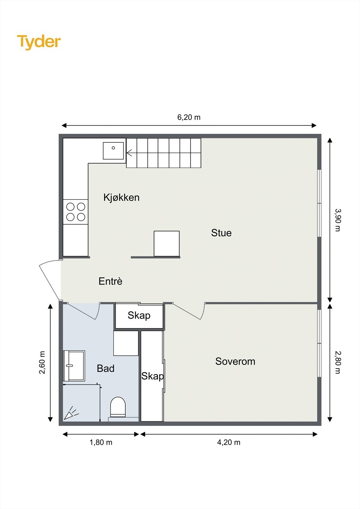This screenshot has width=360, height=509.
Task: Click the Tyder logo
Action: pyautogui.click(x=39, y=42)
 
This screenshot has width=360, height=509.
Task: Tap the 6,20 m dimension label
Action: pyautogui.click(x=189, y=117)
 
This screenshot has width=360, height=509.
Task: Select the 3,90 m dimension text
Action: pyautogui.click(x=337, y=220)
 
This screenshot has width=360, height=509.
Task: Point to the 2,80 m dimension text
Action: pyautogui.click(x=337, y=362)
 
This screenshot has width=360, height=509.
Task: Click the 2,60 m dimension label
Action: pyautogui.click(x=42, y=362)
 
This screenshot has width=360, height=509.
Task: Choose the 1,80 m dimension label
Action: pyautogui.click(x=101, y=442)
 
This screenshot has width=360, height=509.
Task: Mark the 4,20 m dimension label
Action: pyautogui.click(x=229, y=442)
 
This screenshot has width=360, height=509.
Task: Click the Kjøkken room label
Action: pyautogui.click(x=121, y=198)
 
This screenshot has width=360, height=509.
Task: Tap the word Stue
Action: pyautogui.click(x=221, y=233)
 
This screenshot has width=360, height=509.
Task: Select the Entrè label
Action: pyautogui.click(x=110, y=281)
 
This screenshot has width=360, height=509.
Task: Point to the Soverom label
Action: pyautogui.click(x=235, y=361)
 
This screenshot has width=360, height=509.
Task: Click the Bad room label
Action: pyautogui.click(x=105, y=368)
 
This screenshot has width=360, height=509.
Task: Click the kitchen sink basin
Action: pyautogui.click(x=113, y=151)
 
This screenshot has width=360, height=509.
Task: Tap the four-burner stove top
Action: pyautogui.click(x=75, y=212)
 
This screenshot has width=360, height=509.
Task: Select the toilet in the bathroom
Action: pyautogui.click(x=118, y=407)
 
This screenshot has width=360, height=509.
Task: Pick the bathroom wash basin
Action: pyautogui.click(x=74, y=366)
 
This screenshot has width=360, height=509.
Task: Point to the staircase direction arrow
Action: pyautogui.click(x=130, y=153)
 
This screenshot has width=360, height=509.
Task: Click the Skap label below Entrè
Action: pyautogui.click(x=139, y=315)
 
